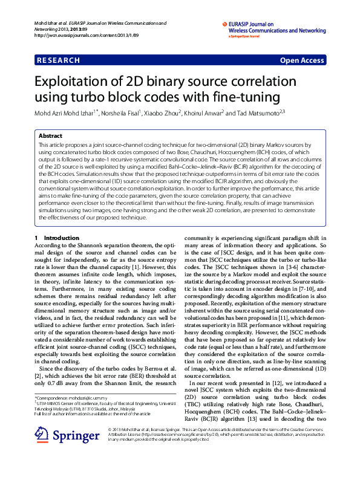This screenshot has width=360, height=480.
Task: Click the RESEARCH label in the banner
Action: click(x=59, y=60)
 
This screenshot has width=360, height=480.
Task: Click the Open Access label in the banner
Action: click(x=302, y=60)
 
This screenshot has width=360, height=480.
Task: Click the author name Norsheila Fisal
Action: click(x=121, y=112)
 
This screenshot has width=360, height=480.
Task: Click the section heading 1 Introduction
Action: click(x=57, y=221)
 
